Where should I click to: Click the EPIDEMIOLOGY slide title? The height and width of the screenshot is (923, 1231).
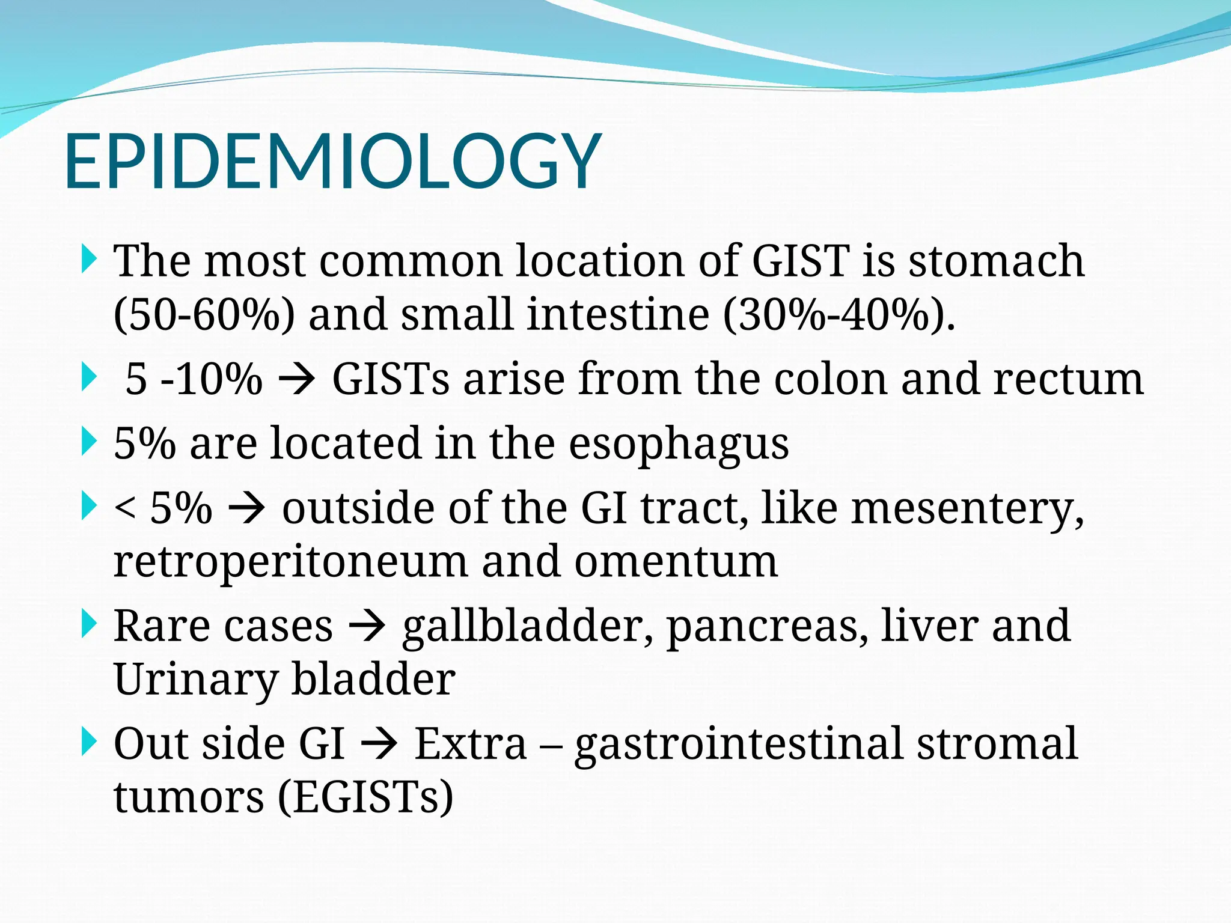(x=332, y=161)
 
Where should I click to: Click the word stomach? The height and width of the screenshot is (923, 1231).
(x=996, y=261)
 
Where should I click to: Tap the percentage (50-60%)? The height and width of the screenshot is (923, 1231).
(x=204, y=315)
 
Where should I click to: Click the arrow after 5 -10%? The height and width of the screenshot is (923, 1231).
(x=298, y=380)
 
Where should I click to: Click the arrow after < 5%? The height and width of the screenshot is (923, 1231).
(x=247, y=508)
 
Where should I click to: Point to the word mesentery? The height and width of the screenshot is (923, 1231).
(x=967, y=508)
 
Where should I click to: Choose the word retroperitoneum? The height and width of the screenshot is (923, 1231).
(x=290, y=562)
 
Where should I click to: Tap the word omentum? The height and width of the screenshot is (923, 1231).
(x=676, y=562)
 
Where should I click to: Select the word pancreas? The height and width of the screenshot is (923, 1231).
(x=767, y=626)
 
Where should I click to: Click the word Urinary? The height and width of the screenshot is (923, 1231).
(x=196, y=680)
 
